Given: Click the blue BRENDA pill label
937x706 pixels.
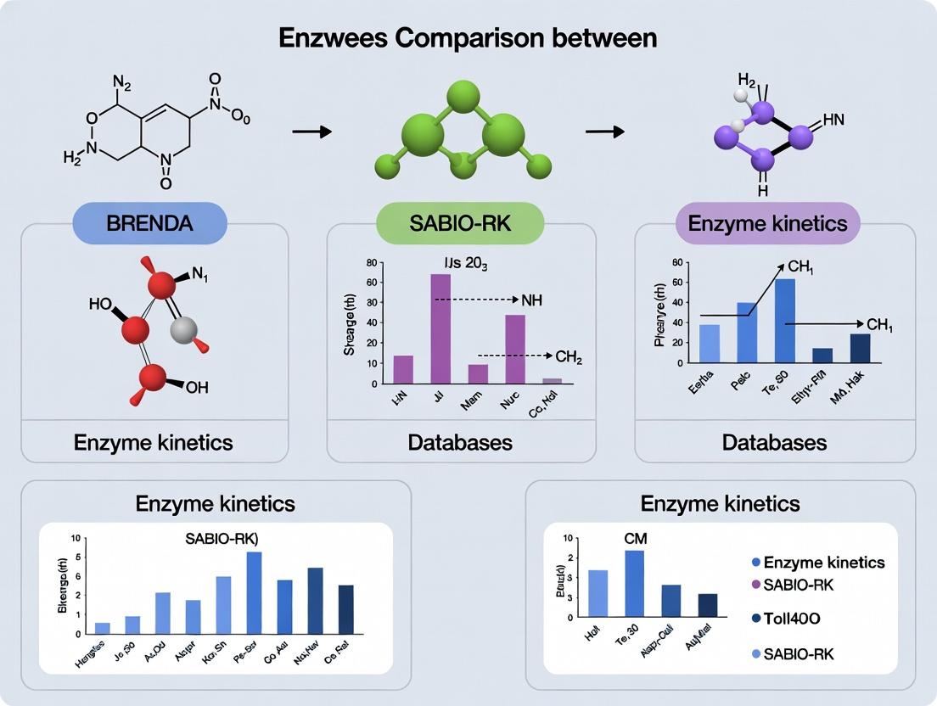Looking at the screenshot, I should pos(149,224).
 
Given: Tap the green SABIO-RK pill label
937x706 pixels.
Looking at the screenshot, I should pos(459,224).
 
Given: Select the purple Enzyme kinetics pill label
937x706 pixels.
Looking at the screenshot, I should pos(767,224).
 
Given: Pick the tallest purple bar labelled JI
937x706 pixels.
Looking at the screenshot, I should pos(440,328).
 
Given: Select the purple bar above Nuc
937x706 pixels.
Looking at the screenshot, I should pos(514,349).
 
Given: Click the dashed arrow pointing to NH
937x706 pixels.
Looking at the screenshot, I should pos(475,300).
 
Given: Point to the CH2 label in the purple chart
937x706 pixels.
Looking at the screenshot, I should pos(569,358).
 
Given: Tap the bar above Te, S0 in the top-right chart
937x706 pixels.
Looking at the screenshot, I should pos(785,320).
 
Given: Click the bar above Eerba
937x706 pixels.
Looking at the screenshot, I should pos(710,343).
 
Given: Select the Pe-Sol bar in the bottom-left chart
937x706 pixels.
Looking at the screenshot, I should pos(254,592).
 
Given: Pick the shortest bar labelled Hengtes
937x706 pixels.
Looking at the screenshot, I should pos(103,628).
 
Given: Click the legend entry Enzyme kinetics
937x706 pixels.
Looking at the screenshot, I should pos(823,563).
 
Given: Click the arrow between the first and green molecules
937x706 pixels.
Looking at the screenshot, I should pos(310,132).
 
